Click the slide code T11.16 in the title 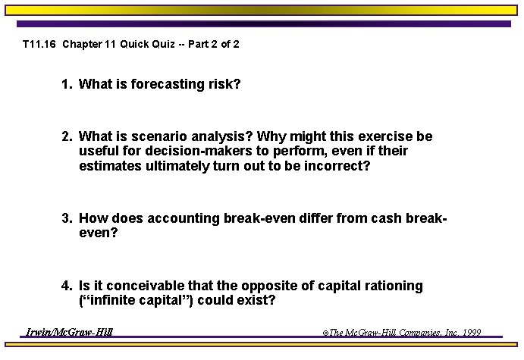click(x=39, y=45)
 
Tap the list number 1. click(x=67, y=84)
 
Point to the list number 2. click(x=67, y=137)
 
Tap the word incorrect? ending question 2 click(x=335, y=166)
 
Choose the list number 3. click(x=67, y=219)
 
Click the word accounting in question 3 click(x=183, y=219)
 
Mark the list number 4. click(x=67, y=286)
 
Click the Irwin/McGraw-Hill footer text click(x=70, y=332)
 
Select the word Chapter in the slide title click(x=82, y=45)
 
